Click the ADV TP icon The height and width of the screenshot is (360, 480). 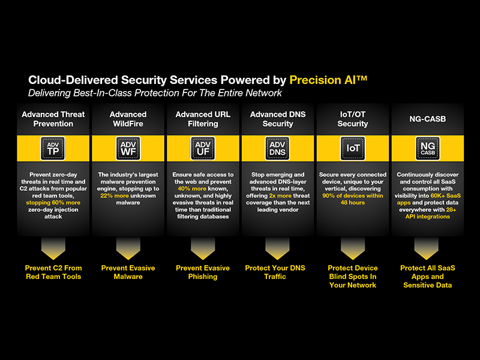(53, 148)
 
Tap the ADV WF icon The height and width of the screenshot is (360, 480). (128, 148)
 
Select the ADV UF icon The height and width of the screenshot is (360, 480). (203, 148)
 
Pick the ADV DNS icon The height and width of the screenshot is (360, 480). (277, 148)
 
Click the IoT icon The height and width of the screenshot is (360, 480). (353, 148)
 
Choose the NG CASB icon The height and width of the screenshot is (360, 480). (428, 148)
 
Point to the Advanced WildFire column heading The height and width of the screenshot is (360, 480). (128, 119)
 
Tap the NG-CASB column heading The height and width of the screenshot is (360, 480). (428, 119)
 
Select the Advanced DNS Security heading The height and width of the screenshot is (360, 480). (278, 119)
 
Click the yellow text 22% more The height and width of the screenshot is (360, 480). (115, 196)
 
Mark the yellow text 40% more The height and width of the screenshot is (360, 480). (192, 188)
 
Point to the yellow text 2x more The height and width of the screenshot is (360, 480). (280, 196)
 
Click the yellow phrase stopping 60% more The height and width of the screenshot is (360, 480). (53, 203)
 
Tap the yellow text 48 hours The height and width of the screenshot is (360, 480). (353, 203)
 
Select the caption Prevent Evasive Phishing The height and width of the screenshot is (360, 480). (203, 272)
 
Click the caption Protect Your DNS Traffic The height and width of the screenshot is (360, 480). (275, 272)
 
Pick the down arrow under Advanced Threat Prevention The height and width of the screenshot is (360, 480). (53, 248)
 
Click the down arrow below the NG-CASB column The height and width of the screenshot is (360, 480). (427, 248)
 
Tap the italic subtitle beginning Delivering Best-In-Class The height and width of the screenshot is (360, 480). (155, 93)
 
